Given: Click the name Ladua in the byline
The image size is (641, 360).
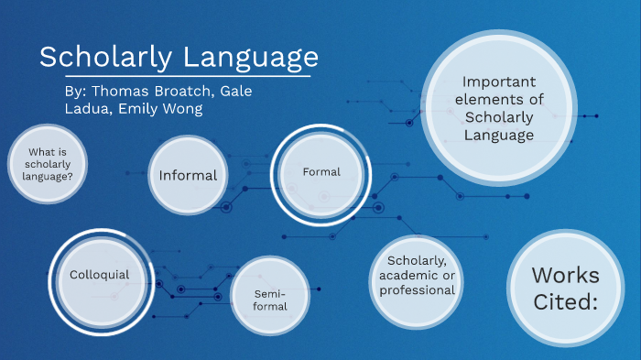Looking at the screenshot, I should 86,109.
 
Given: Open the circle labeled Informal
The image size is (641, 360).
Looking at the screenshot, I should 188,175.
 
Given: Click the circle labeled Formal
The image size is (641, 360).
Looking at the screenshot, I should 320,172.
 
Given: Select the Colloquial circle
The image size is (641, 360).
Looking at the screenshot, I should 99,274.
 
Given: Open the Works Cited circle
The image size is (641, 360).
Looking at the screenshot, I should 564,288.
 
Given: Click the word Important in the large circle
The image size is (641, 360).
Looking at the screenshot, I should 498,81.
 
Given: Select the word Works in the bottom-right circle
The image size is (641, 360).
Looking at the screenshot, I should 565,274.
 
